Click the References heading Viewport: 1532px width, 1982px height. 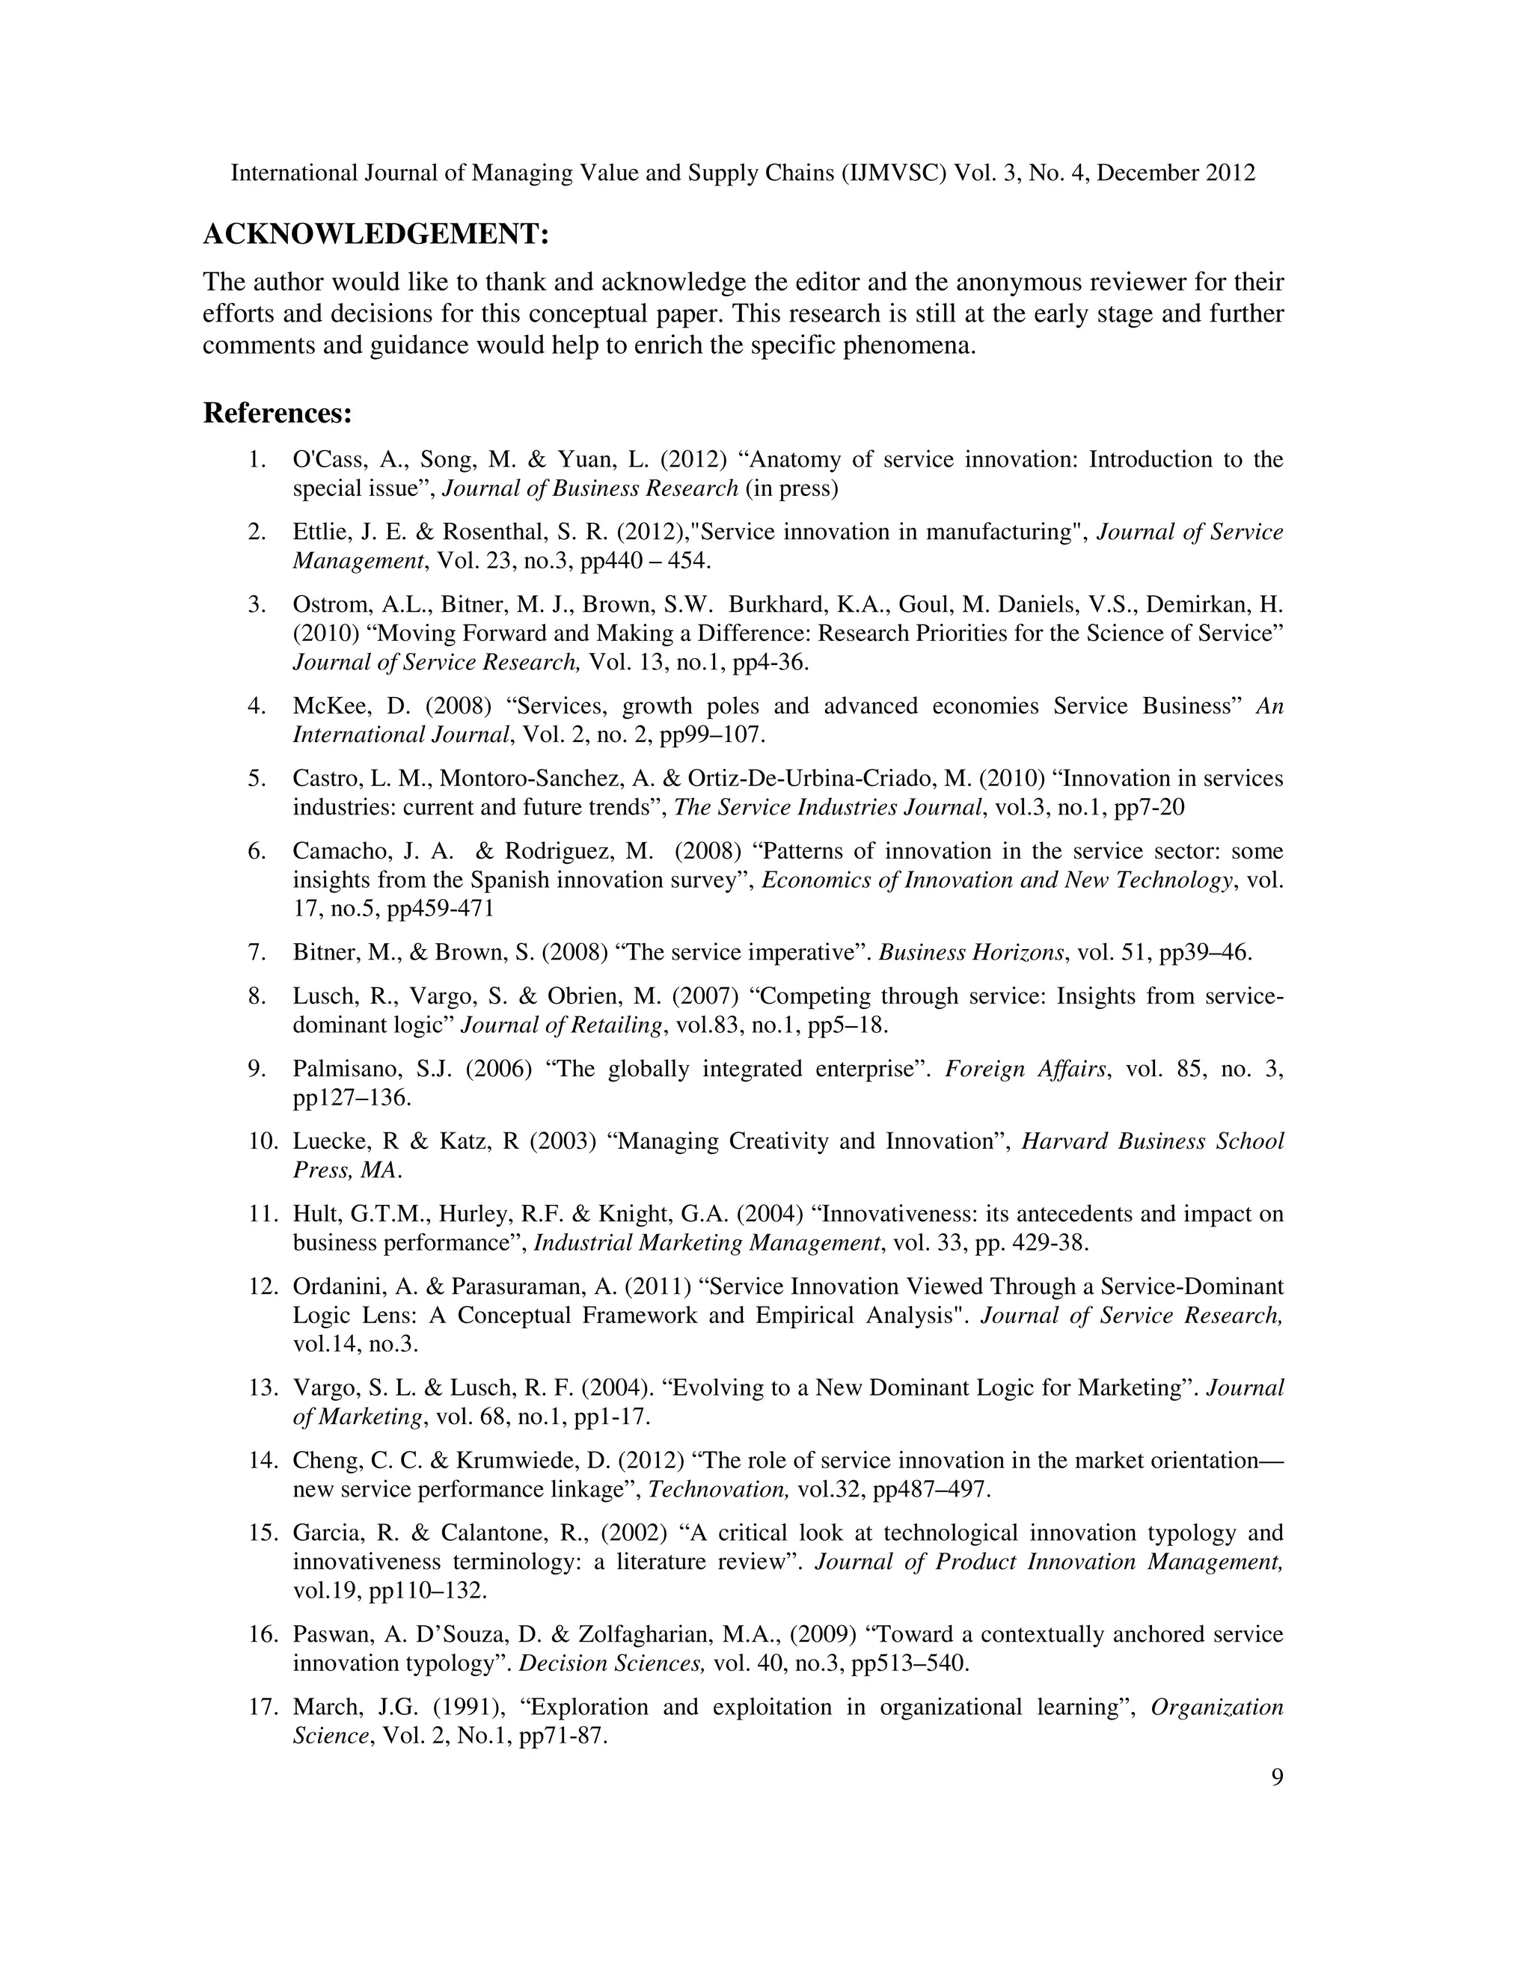coord(277,413)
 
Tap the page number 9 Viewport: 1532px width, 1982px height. coord(1277,1778)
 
